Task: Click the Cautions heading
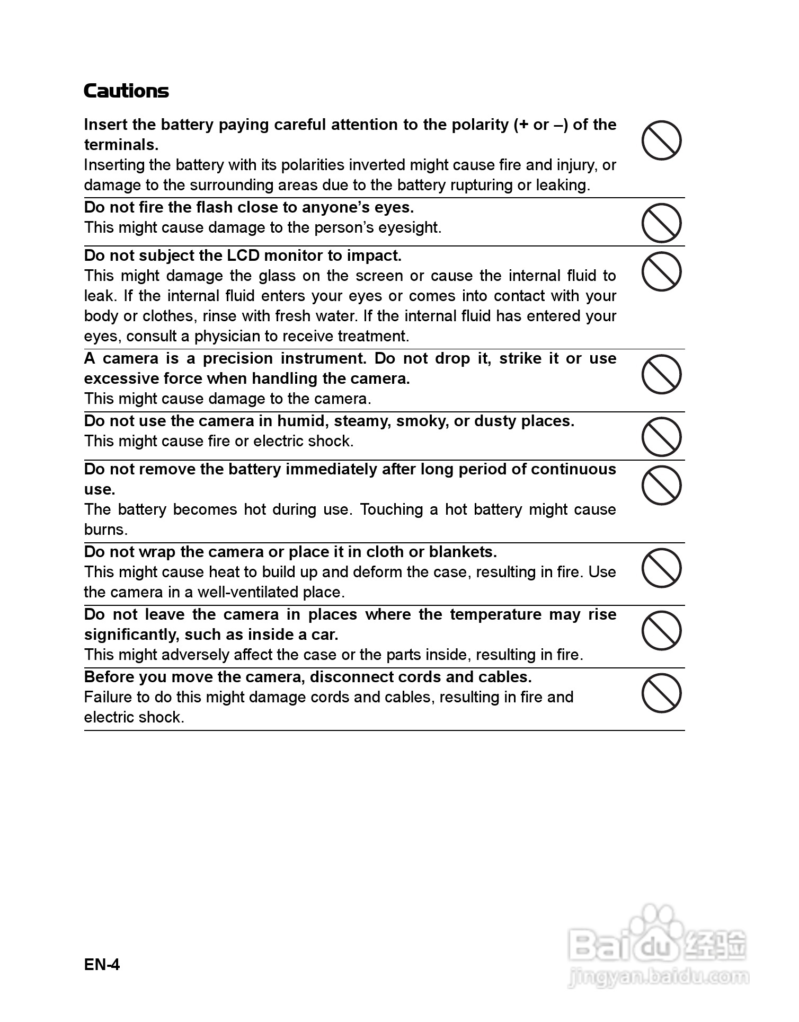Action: (126, 91)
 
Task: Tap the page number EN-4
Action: (102, 964)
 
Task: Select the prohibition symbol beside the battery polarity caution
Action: (661, 140)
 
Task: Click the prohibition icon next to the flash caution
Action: (661, 223)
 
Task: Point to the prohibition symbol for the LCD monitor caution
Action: (661, 271)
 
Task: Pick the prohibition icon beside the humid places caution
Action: (661, 437)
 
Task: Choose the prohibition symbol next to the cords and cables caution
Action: (661, 693)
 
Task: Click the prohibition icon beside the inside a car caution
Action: (661, 631)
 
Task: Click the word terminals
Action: (121, 145)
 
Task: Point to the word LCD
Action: (243, 256)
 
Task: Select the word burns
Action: (105, 530)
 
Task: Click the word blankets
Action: (463, 552)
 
